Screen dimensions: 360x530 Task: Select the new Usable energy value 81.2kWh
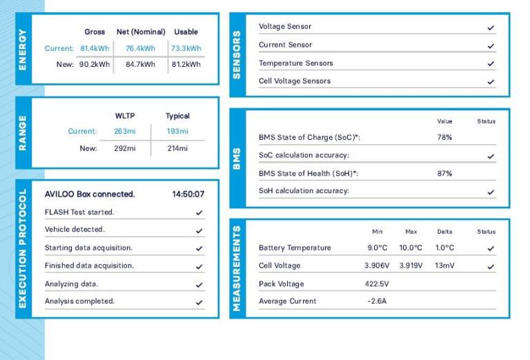click(x=186, y=64)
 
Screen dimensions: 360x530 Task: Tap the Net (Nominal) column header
click(x=141, y=32)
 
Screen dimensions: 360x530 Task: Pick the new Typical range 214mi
click(x=177, y=148)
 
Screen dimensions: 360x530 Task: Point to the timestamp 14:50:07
click(x=188, y=194)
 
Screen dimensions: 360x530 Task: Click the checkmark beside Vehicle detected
click(x=199, y=230)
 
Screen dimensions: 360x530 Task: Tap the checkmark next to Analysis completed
click(x=199, y=302)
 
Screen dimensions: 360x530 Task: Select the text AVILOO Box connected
click(x=90, y=194)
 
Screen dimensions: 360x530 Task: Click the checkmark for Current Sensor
click(x=491, y=46)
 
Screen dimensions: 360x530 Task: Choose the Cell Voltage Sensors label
click(x=294, y=81)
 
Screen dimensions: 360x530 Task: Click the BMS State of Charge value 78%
click(x=444, y=137)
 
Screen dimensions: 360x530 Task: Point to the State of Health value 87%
click(x=444, y=173)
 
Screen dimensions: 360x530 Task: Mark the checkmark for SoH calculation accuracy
click(x=491, y=192)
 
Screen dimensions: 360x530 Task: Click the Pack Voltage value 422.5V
click(x=377, y=283)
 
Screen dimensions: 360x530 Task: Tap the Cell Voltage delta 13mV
click(x=444, y=266)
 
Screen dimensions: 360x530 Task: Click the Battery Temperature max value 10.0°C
click(x=411, y=248)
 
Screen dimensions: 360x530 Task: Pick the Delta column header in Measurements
click(x=444, y=232)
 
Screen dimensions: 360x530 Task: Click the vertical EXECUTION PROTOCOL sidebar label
click(x=23, y=248)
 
